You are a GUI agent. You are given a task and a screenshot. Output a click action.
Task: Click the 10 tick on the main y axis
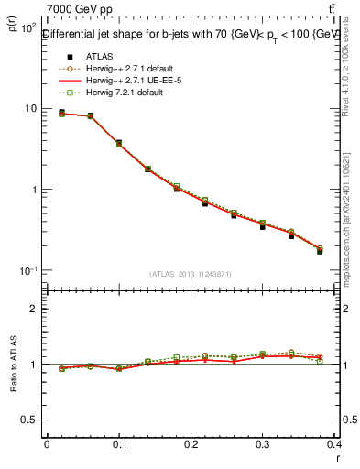(x=30, y=109)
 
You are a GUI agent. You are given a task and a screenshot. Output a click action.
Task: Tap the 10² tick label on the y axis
(x=29, y=27)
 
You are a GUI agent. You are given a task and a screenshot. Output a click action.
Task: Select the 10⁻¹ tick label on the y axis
(x=29, y=271)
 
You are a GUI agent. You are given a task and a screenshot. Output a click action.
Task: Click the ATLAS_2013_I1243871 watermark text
(x=190, y=275)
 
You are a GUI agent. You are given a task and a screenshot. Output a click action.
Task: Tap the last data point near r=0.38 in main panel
(x=320, y=250)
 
